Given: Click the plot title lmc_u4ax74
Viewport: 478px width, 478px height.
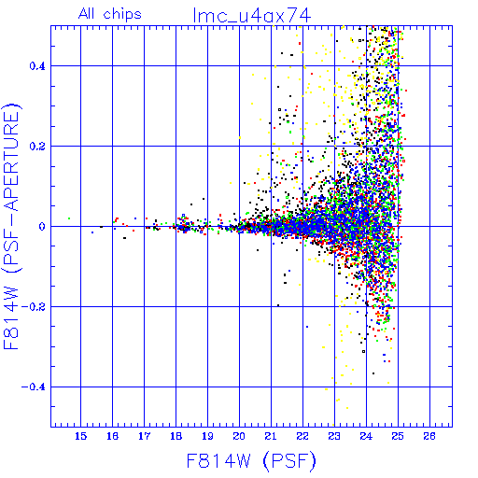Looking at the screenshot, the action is (252, 16).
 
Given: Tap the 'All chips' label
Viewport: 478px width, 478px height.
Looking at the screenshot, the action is (110, 14).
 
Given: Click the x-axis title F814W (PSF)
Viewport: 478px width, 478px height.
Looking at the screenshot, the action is (251, 460).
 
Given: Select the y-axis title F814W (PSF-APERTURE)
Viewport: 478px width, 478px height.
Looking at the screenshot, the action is (12, 227).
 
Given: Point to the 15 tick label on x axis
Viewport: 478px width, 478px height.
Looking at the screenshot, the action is (80, 436).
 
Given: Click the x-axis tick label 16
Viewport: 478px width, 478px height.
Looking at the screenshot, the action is (112, 436).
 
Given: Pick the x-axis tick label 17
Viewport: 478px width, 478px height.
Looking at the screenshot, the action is (144, 436).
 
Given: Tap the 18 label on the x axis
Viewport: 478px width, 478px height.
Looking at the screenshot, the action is (176, 436).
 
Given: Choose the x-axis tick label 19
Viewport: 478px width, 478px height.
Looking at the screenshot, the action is (207, 436).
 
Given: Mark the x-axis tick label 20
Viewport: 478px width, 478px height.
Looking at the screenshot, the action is (239, 436).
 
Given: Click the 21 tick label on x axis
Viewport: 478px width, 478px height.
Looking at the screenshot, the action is (271, 436).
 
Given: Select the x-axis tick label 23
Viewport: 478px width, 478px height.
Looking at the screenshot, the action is (334, 436).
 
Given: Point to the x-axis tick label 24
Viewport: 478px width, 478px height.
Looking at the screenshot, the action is (366, 436).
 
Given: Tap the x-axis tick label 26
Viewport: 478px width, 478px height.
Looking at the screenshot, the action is (429, 436).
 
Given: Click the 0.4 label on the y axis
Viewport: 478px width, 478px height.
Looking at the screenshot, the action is (37, 66).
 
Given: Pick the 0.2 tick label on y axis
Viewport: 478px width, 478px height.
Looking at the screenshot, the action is (37, 147).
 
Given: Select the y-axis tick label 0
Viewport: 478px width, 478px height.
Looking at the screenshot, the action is (42, 227).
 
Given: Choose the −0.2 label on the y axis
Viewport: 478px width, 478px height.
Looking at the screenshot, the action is (34, 307).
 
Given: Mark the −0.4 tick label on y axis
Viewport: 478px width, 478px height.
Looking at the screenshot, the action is (34, 387).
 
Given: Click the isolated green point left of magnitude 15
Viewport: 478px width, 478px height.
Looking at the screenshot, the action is (69, 218).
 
